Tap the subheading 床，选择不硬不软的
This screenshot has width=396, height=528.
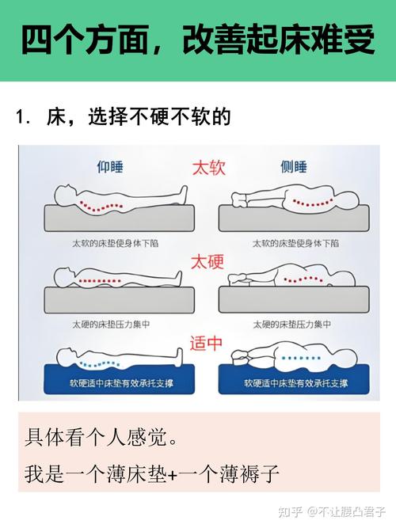(x=139, y=117)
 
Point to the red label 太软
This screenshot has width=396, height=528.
(x=208, y=168)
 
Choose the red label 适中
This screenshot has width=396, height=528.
(x=208, y=343)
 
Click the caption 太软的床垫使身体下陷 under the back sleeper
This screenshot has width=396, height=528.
(x=116, y=242)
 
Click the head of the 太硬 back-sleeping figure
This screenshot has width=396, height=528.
(x=63, y=275)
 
